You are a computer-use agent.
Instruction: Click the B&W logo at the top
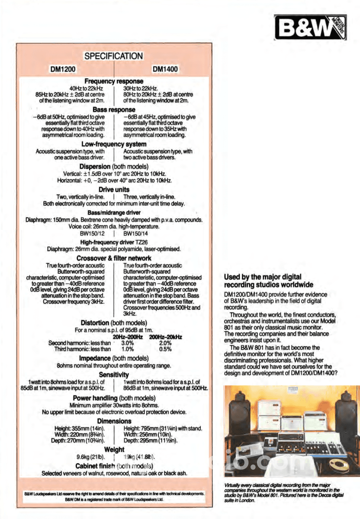[310, 27]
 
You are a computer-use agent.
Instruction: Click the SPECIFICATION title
[113, 56]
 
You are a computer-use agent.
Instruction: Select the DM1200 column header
[64, 69]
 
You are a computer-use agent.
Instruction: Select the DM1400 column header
[165, 69]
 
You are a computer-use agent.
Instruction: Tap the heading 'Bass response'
[114, 109]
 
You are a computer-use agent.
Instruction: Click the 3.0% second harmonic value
[128, 343]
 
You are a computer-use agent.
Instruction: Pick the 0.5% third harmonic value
[165, 349]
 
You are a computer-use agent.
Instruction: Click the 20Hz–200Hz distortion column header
[129, 336]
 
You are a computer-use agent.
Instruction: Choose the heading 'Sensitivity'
[114, 374]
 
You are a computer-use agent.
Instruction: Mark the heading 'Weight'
[114, 450]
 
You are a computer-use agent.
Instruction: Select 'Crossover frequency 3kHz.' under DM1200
[74, 301]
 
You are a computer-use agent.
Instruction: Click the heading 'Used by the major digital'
[263, 277]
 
